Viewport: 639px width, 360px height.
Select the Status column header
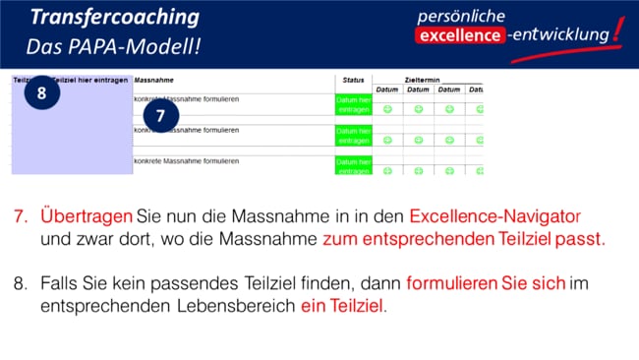tap(354, 80)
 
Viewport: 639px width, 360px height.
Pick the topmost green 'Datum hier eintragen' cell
tap(353, 104)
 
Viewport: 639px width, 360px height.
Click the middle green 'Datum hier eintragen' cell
tap(353, 136)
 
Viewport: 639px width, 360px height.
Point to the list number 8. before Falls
tap(21, 284)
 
